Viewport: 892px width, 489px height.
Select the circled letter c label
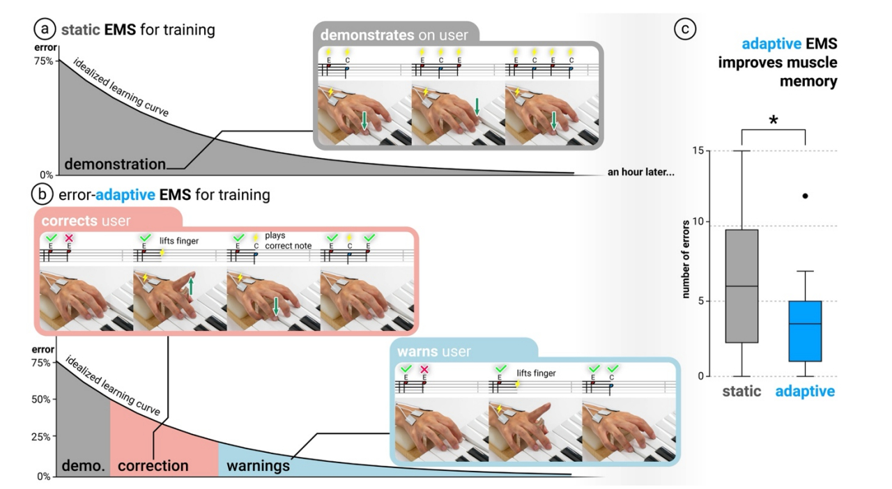(686, 29)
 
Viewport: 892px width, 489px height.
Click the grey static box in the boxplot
(741, 286)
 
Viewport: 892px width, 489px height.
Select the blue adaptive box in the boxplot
(805, 331)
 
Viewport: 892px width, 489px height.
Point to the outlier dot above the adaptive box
(805, 196)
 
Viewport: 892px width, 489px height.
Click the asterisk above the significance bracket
(773, 121)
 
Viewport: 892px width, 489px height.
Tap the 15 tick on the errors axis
(698, 151)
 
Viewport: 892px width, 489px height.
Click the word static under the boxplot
(741, 391)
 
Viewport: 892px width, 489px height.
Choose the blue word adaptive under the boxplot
(805, 391)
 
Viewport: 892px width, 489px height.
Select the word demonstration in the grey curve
(115, 165)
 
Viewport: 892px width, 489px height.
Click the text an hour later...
(640, 172)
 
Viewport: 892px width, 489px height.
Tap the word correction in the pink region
(153, 465)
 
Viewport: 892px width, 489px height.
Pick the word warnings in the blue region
(259, 465)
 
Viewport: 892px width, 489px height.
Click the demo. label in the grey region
(83, 465)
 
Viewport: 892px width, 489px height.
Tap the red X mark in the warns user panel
(424, 368)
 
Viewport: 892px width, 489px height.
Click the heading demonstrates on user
(399, 34)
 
